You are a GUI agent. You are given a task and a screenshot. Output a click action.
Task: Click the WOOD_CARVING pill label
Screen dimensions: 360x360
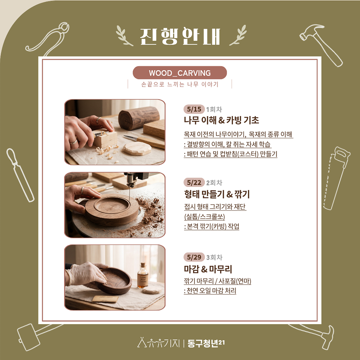[x=180, y=73]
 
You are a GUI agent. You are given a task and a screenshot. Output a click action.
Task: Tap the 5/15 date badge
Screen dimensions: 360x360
[x=194, y=109]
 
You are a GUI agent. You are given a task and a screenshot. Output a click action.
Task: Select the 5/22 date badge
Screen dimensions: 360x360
[x=194, y=182]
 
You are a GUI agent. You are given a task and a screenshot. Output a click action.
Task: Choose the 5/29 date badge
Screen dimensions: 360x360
[x=194, y=257]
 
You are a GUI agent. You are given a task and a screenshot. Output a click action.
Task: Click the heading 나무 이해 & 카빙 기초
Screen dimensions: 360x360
[x=221, y=120]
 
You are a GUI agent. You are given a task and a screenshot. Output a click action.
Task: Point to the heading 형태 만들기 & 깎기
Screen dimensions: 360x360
[x=217, y=194]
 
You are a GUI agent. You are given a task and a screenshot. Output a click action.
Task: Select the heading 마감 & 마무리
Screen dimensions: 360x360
[x=208, y=269]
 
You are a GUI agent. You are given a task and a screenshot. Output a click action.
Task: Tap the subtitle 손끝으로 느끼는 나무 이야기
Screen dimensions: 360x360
[x=180, y=84]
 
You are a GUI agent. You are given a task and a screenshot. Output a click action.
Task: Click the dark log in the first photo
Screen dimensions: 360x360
[x=139, y=118]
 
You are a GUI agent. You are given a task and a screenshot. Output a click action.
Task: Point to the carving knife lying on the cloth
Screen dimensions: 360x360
[x=144, y=141]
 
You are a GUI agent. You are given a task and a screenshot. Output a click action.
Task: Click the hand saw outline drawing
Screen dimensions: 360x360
[x=336, y=178]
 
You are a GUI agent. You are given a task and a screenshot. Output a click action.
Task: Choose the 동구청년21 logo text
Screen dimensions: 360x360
[x=206, y=343]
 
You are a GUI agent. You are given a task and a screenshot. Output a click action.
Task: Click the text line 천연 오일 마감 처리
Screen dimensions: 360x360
[x=210, y=291]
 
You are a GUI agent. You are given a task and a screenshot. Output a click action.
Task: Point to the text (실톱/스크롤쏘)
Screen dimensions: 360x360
[x=204, y=217]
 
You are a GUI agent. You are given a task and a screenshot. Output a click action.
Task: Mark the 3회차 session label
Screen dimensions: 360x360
[x=214, y=257]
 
